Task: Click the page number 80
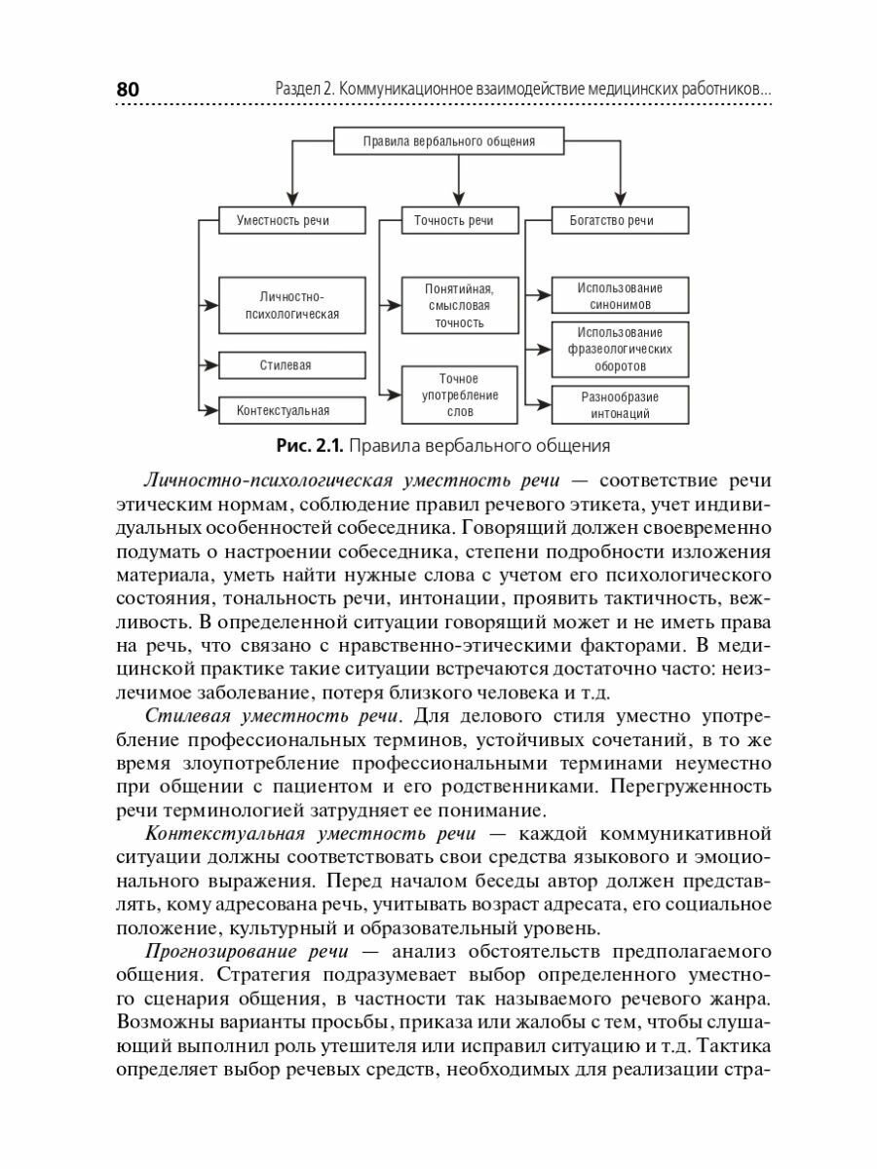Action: tap(129, 90)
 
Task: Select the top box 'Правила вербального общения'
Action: tap(449, 141)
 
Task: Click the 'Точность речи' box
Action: tap(454, 221)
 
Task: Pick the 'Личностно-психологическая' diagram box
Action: tap(292, 305)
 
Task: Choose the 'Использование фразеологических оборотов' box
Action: tap(620, 350)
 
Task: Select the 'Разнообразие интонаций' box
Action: tap(620, 404)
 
